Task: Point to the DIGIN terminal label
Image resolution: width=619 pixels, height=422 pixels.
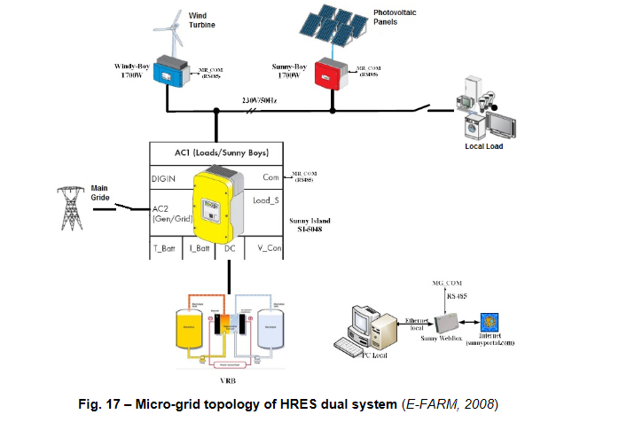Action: point(164,178)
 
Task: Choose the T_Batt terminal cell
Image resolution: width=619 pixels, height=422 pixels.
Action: point(165,251)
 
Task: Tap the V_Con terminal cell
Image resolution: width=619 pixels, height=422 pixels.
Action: point(263,251)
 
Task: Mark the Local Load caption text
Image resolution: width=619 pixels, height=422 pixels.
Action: point(483,146)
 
